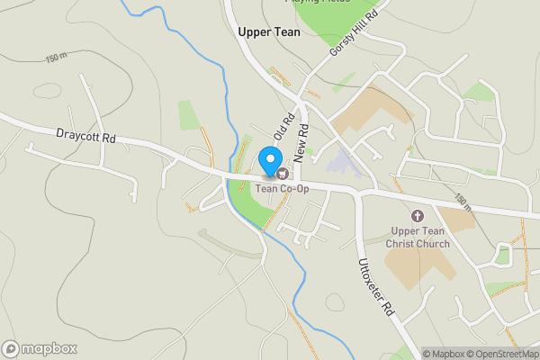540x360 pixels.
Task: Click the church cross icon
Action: click(418, 216)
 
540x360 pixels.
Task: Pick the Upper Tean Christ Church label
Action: click(418, 238)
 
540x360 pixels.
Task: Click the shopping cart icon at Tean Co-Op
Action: click(281, 173)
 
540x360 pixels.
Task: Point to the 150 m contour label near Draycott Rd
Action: click(57, 58)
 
